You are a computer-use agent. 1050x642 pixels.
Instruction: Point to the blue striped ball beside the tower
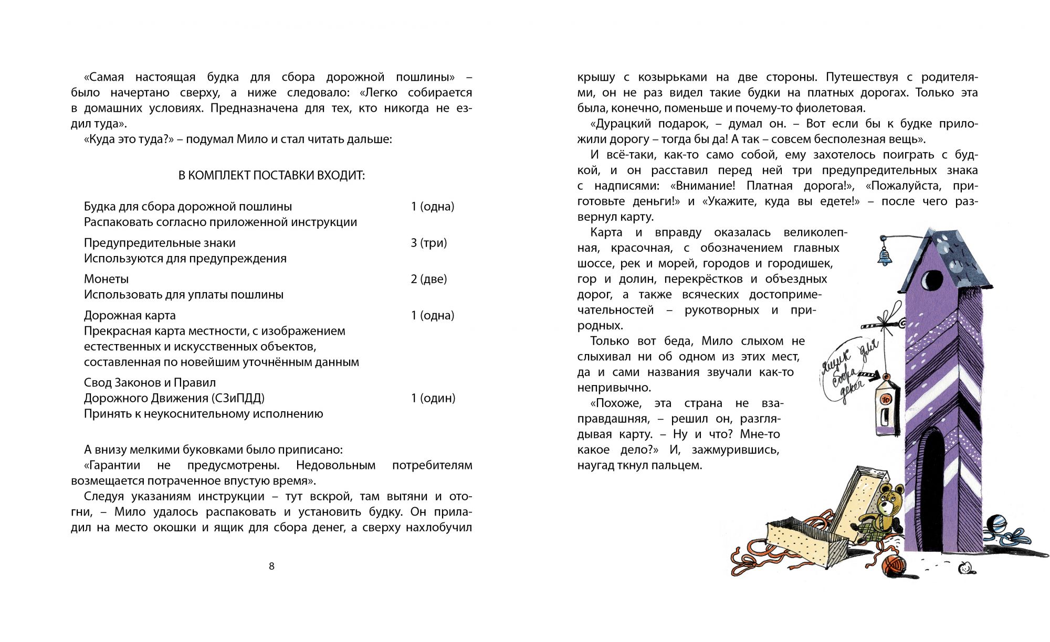point(996,525)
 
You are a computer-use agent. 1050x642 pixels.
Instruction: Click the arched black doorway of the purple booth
point(932,488)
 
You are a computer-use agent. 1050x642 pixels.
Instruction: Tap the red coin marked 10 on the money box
point(886,399)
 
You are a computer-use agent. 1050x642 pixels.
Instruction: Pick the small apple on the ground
point(965,566)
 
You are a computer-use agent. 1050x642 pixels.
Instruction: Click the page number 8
point(271,566)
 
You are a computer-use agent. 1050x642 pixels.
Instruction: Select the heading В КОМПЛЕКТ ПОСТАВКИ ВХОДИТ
point(271,175)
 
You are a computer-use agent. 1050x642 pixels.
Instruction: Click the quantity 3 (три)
point(428,243)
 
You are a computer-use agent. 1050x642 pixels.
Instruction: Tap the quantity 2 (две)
point(428,279)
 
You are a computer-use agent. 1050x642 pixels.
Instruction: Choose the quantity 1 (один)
point(433,398)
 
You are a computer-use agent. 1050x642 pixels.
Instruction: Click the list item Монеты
point(106,279)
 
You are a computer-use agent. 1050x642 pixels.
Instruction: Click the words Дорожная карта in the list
point(130,315)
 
